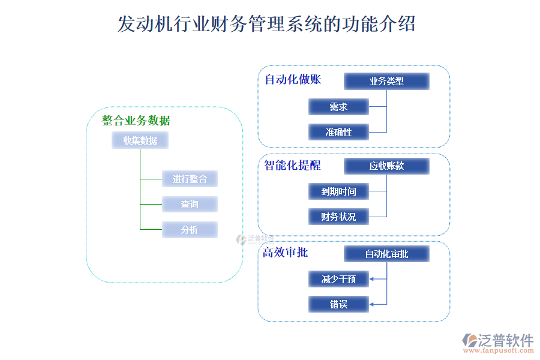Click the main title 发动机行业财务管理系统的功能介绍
266,25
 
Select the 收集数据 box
140,140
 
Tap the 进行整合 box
190,179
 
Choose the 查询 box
190,204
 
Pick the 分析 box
190,229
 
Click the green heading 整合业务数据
136,121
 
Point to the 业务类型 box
386,81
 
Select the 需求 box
338,107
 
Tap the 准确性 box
338,132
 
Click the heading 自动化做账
293,79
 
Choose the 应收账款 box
386,166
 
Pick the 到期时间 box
338,191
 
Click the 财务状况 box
338,217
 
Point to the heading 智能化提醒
293,166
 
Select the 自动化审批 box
386,254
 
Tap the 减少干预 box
338,279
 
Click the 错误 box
338,304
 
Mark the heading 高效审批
286,253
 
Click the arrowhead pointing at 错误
372,304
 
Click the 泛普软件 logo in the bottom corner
497,343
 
